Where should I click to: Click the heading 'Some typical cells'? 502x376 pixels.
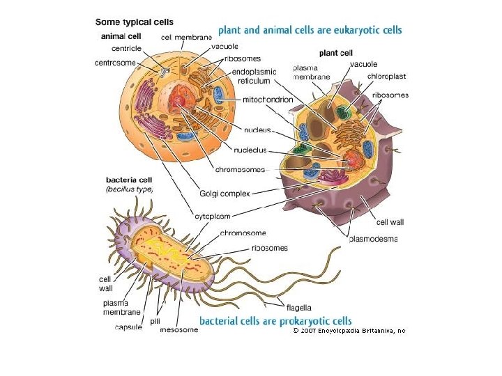135,22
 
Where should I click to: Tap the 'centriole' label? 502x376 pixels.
127,49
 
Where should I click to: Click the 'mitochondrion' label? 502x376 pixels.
268,100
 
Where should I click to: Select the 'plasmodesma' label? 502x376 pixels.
373,240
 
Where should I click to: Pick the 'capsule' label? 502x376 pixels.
128,327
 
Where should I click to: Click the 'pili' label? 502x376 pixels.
155,320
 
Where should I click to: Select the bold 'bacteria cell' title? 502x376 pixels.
129,180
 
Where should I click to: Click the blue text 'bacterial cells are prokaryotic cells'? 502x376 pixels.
275,321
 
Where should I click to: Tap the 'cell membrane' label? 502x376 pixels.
186,37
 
